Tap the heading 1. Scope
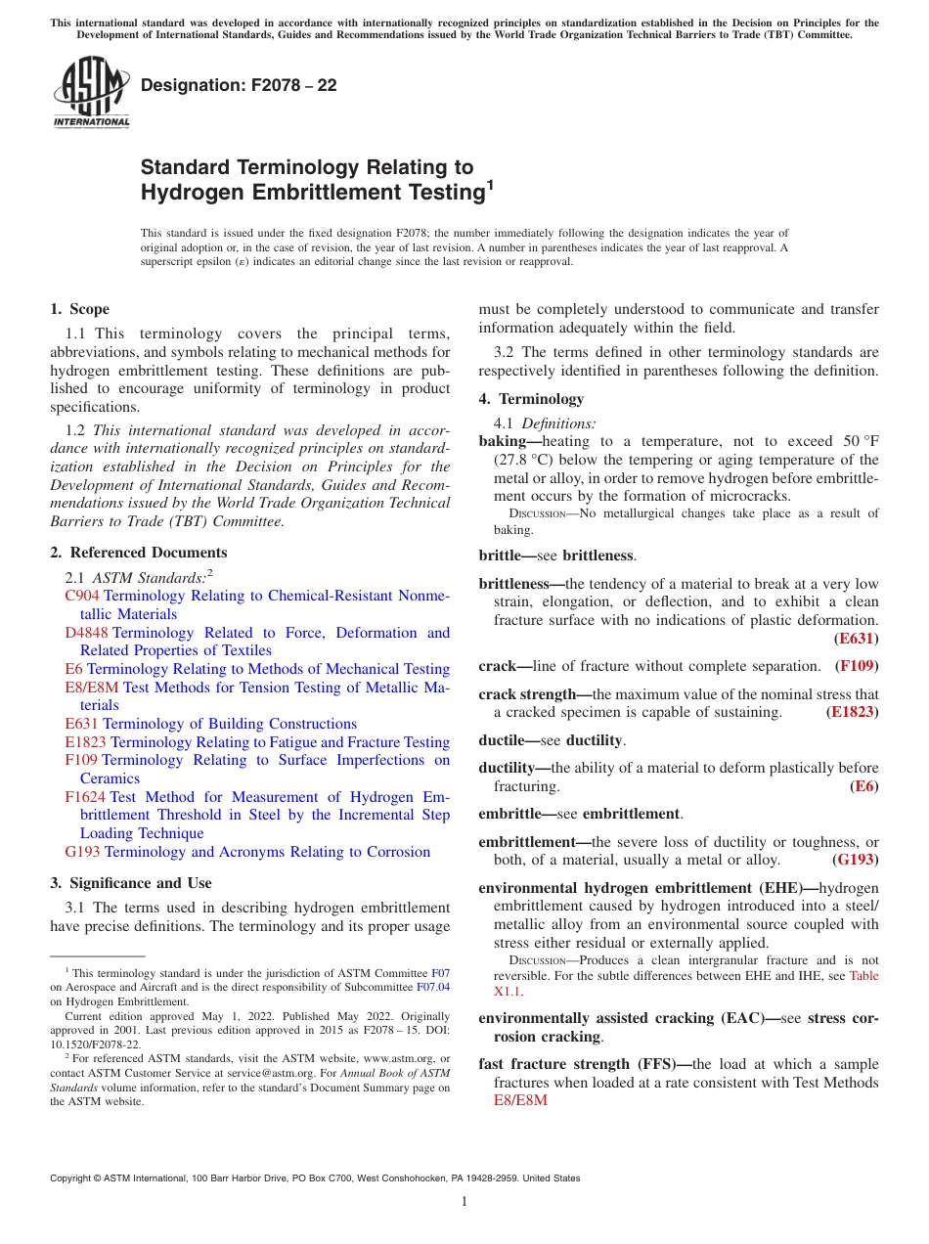(79, 309)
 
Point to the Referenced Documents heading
(139, 553)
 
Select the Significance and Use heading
(131, 882)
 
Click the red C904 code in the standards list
(82, 596)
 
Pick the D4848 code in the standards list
(87, 633)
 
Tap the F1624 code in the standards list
(85, 797)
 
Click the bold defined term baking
(503, 442)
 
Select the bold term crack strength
(527, 694)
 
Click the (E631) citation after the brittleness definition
(856, 639)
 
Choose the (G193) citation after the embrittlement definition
(855, 860)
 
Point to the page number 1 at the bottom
(464, 1201)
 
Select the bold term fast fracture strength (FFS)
(584, 1064)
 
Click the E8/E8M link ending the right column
(520, 1100)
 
